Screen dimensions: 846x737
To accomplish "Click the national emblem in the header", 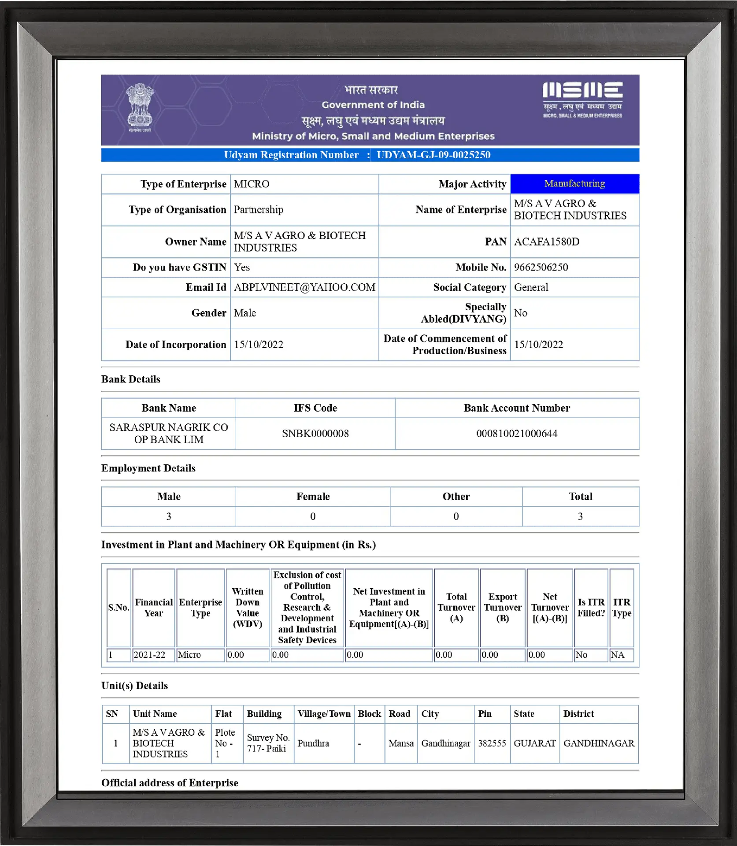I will coord(140,108).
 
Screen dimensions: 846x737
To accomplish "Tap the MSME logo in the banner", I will coord(582,100).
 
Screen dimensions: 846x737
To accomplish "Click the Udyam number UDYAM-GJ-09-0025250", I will coord(433,155).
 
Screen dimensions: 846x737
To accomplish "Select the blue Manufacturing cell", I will coord(574,184).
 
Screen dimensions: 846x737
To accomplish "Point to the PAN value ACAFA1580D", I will coord(546,241).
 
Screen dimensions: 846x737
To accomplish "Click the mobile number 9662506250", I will coord(541,267).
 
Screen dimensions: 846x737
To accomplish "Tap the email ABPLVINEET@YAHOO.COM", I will coord(304,287).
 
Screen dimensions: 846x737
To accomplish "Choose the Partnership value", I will coord(259,210).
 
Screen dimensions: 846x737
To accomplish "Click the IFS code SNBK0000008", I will coord(315,434).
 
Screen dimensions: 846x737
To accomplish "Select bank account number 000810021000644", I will coord(517,434).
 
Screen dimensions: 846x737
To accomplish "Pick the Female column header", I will coord(313,497).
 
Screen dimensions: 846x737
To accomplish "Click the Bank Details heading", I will coord(131,379).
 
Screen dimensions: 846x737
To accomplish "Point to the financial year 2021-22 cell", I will coord(150,655).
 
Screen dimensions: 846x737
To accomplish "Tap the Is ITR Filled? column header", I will coord(591,608).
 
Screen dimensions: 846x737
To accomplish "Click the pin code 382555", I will coord(492,743).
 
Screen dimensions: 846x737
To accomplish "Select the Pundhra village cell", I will coord(313,743).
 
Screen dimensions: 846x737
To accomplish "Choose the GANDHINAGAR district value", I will coord(599,743).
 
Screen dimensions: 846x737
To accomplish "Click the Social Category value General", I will coord(531,287).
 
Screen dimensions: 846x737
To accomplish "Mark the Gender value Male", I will coord(245,313).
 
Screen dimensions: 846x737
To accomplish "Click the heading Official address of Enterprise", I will coord(170,783).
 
